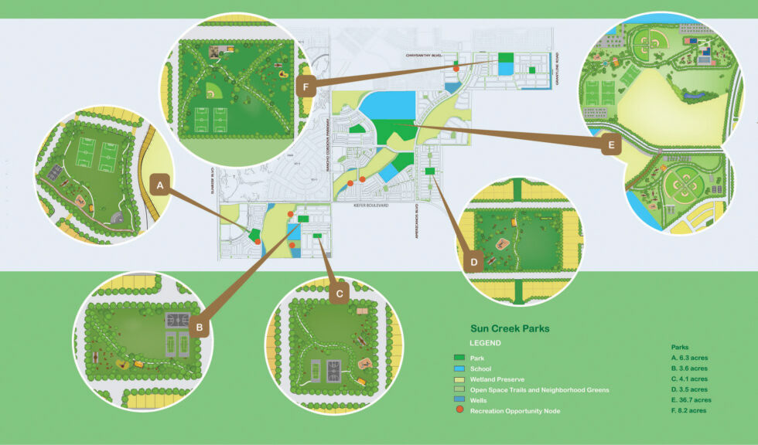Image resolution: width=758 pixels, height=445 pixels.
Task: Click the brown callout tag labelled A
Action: tap(159, 185)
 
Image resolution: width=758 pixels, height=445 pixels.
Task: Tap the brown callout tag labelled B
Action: tap(200, 328)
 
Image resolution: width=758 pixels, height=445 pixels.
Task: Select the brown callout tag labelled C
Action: tap(338, 294)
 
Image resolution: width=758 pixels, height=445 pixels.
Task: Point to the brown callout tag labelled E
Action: tap(612, 144)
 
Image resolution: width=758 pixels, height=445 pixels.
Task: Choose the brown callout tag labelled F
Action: tap(306, 86)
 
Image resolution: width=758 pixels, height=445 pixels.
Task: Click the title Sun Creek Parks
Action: tap(510, 328)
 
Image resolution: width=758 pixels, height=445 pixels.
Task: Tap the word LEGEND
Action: tap(486, 342)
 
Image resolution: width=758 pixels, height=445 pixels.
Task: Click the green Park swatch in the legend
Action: tap(459, 358)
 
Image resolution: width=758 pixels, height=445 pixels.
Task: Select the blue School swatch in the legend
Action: tap(459, 369)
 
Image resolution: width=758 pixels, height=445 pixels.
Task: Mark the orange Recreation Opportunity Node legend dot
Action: tap(459, 411)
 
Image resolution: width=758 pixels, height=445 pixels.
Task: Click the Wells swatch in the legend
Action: tap(459, 400)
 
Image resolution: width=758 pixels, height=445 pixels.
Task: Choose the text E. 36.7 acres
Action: tap(690, 400)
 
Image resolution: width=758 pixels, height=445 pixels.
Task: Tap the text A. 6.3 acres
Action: tap(689, 358)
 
